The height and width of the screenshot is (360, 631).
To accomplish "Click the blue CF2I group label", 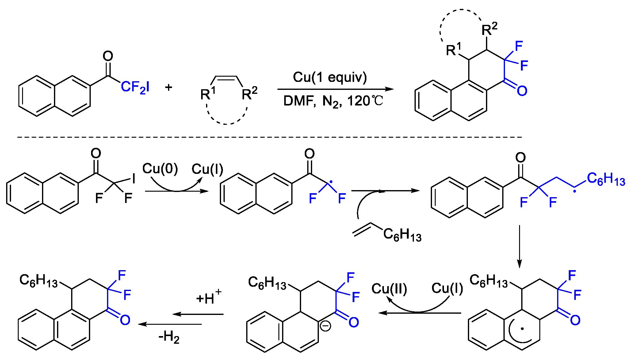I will coord(135,87).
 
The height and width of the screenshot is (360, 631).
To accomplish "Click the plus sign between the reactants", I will coord(169,87).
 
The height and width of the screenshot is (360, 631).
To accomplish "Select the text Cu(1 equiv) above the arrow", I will coord(330,77).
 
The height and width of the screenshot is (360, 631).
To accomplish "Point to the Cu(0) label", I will coord(160,169).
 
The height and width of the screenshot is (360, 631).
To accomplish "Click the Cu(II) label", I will coord(389,289).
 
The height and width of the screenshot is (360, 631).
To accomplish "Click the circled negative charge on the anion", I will coord(325,326).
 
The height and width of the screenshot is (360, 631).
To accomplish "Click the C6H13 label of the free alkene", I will coord(402,235).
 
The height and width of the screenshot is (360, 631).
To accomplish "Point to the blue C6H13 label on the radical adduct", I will coord(606,179).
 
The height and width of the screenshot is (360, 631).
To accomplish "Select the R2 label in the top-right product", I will coord(489,29).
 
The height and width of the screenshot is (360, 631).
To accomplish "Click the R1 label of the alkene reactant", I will coord(208,93).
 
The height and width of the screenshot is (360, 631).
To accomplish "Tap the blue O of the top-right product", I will coord(522,91).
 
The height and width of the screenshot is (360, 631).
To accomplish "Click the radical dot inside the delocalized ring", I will coord(522,329).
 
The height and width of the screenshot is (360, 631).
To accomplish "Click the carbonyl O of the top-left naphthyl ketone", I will coord(108,56).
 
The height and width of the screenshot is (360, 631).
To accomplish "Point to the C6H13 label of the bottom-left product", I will coord(38,280).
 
